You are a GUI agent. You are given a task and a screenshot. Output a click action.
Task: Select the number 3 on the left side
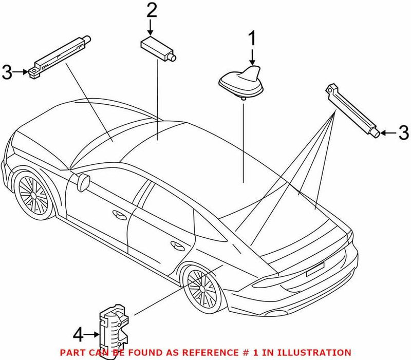[7, 72]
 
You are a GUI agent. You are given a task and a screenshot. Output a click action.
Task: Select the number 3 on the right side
[403, 132]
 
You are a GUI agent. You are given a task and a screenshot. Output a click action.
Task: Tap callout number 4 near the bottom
[78, 336]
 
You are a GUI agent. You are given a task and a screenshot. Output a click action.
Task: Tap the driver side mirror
[84, 180]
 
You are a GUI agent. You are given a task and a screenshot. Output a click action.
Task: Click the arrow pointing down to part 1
[252, 55]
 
